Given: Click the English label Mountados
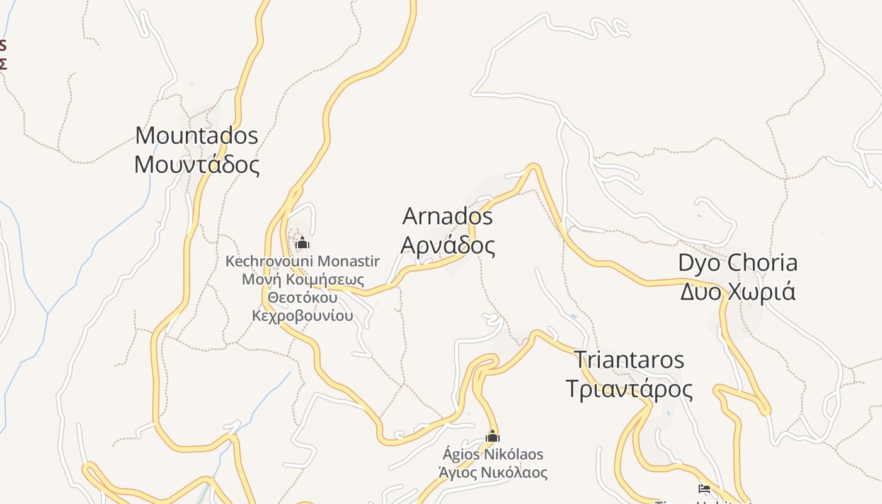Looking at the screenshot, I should pos(197,135).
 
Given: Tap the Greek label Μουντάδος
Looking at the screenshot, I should pos(197,164).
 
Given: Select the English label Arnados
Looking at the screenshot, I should pos(447,216).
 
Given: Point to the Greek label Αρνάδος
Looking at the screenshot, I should pos(447,245).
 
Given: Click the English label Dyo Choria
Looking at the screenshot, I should pos(737,263).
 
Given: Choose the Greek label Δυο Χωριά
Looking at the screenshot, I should pos(737,292).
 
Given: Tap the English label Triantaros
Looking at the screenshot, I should pos(629,360).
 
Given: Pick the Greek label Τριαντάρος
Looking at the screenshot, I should pos(629,389).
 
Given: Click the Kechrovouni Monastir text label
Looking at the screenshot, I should pos(302,261).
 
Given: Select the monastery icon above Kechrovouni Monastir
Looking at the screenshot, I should pos(302,243).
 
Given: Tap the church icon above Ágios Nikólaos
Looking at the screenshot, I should pos(493,435).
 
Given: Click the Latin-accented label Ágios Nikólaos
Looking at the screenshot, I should pos(493,454).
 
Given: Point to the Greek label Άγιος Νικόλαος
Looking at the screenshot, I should pos(493,472).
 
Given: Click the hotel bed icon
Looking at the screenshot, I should pos(704,488).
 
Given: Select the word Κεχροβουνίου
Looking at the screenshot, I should pos(302,316).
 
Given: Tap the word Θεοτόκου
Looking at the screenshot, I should pos(302,297).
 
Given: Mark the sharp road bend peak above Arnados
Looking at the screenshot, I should pos(533,166).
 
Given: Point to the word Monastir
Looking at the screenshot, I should pos(348,261).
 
